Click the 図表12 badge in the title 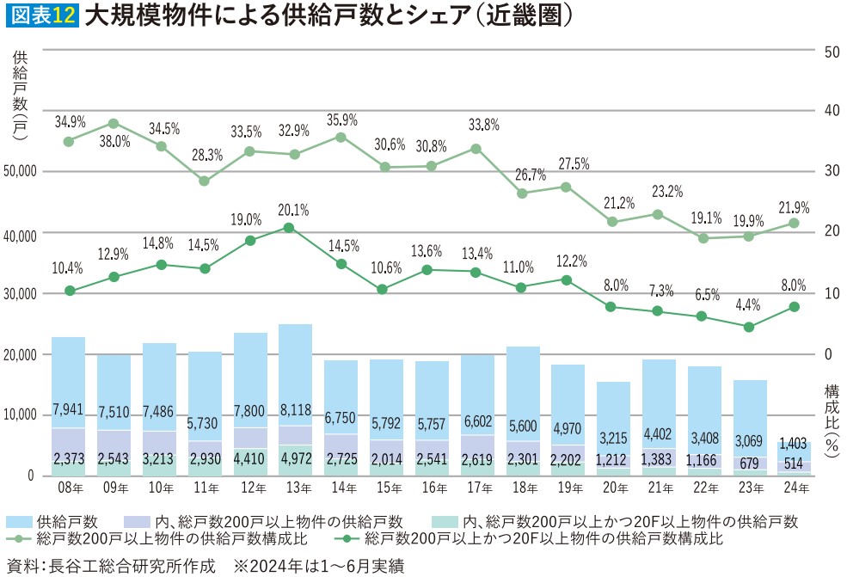(41, 16)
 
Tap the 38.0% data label (114, 141)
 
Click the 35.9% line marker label (341, 120)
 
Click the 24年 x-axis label (795, 488)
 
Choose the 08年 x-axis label (68, 488)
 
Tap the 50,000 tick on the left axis (21, 172)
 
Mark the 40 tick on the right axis (832, 111)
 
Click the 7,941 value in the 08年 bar (68, 408)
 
